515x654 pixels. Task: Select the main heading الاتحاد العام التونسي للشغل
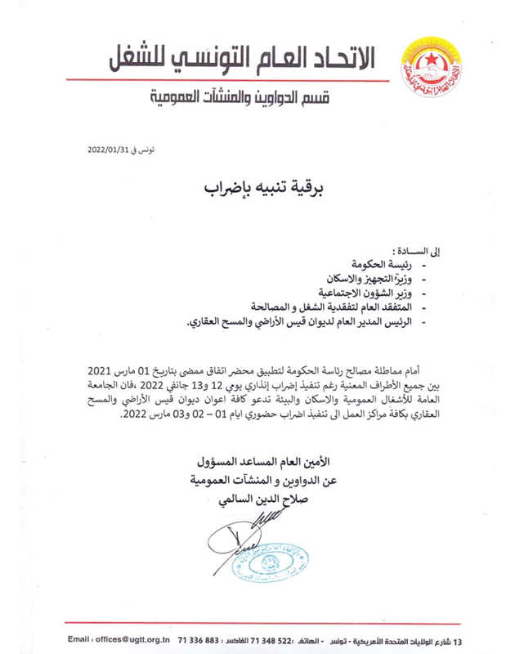point(248,57)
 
